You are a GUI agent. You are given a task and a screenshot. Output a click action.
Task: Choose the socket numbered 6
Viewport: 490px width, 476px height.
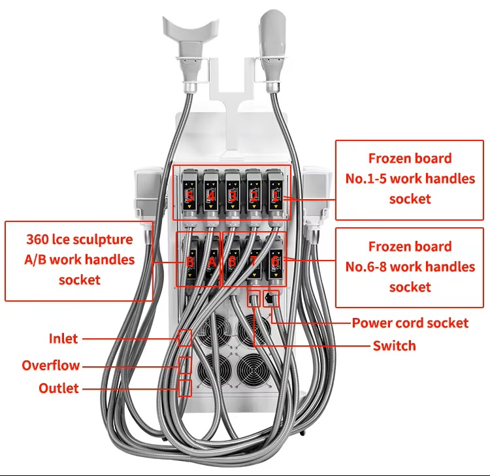click(x=275, y=261)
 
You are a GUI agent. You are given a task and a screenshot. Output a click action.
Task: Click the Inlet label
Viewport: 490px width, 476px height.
click(x=63, y=338)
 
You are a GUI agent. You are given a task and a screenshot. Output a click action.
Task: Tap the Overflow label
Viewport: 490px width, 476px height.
click(x=51, y=365)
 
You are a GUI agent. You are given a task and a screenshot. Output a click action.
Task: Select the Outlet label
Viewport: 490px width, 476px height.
click(x=59, y=389)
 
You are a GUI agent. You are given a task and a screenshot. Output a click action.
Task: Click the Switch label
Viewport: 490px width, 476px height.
click(x=394, y=345)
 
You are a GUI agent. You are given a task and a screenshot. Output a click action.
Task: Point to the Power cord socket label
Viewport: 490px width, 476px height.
click(x=410, y=323)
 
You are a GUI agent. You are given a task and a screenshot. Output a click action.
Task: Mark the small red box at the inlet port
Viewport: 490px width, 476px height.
click(x=186, y=338)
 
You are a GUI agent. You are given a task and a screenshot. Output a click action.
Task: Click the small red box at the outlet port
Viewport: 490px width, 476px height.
click(x=186, y=389)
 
